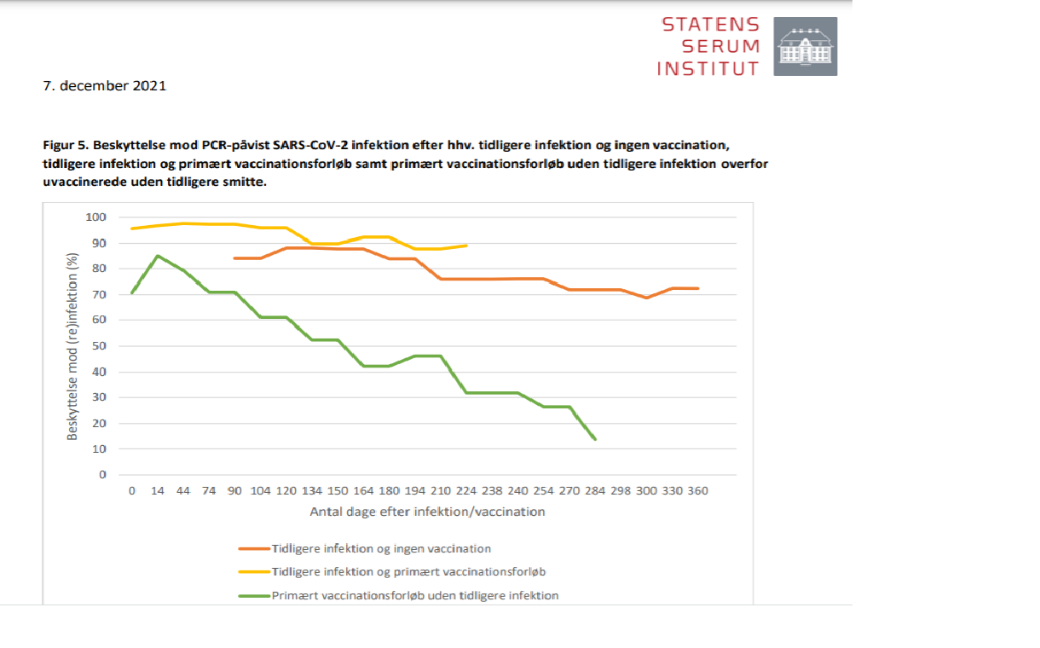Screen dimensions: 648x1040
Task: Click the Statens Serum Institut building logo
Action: pos(805,46)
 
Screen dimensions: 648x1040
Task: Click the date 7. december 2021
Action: pos(104,86)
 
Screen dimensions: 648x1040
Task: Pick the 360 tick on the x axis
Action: pos(698,491)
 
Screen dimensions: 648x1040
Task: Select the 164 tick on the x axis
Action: pos(363,491)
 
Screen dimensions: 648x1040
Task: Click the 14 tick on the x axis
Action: pos(158,491)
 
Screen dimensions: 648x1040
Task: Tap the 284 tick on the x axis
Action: pos(595,491)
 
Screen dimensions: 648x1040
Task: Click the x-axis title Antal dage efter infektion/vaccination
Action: pos(427,512)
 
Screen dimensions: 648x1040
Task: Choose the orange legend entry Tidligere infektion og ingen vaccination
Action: pos(380,548)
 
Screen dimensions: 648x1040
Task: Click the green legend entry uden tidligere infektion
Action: pos(414,595)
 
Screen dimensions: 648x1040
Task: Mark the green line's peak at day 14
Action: pos(158,256)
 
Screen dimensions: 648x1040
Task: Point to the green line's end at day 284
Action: pos(595,439)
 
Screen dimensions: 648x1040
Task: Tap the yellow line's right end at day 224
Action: pos(466,246)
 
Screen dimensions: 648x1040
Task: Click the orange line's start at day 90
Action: pos(234,257)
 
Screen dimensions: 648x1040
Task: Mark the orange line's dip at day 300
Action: pos(646,298)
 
